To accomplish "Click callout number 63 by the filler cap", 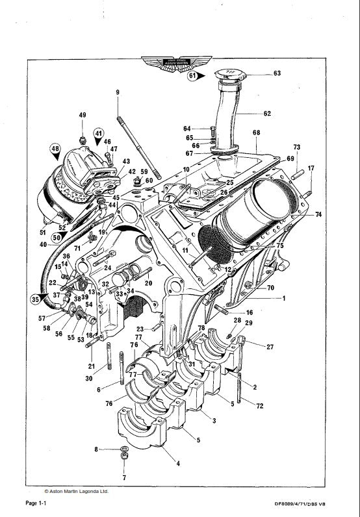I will [277, 73].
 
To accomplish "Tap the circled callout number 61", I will [193, 76].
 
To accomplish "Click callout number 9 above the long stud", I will [118, 93].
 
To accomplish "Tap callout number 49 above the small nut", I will [83, 115].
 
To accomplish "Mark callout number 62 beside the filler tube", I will [266, 114].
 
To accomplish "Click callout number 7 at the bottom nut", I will [124, 477].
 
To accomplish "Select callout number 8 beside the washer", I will [96, 449].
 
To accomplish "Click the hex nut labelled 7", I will [124, 460].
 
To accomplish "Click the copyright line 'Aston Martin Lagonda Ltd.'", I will [76, 492].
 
